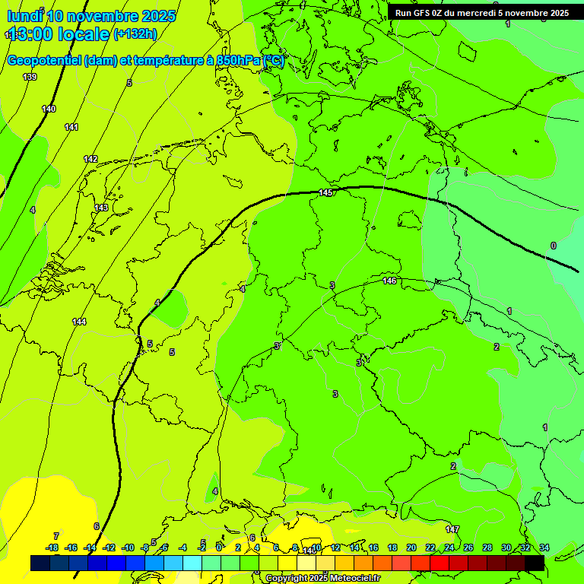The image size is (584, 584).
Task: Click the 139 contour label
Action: (30, 77)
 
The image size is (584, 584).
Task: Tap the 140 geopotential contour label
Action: (49, 109)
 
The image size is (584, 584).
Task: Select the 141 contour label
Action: (71, 127)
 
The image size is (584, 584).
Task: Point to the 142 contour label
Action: (90, 159)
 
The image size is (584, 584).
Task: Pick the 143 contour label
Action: (101, 208)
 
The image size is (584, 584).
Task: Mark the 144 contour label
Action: (79, 322)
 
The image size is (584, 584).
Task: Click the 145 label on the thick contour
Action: (325, 193)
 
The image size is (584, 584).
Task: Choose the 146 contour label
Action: (389, 281)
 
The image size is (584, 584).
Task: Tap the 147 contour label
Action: (452, 529)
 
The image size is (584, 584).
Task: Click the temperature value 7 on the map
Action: (56, 536)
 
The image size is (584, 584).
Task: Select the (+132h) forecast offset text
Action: (135, 33)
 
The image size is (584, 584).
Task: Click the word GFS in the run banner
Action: (431, 13)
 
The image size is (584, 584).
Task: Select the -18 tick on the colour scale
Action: (52, 547)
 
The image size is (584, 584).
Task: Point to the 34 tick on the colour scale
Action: (544, 547)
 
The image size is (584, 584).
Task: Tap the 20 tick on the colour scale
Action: (411, 547)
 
